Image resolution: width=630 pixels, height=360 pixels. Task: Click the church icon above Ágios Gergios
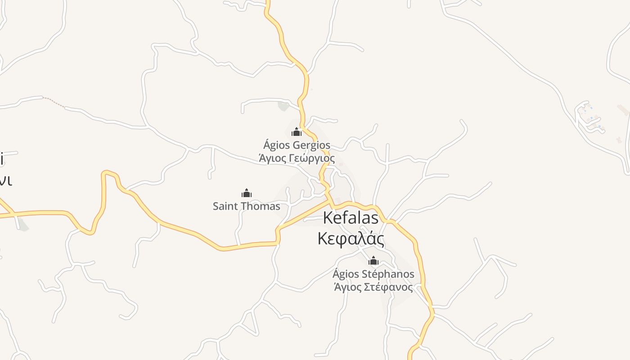point(297,132)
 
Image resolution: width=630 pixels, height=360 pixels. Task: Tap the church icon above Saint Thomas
point(247,193)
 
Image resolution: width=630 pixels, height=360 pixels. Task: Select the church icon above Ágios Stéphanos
point(373,261)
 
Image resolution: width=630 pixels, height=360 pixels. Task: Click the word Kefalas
point(351,218)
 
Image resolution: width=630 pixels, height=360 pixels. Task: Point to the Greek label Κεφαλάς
point(351,238)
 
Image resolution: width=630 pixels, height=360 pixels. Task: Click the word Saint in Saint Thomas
point(224,206)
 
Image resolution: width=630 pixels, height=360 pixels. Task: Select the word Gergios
point(311,145)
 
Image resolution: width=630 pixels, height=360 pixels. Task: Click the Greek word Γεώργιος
point(311,158)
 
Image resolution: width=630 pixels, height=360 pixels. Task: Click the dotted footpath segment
point(54,102)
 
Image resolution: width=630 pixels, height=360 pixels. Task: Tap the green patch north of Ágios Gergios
point(283,106)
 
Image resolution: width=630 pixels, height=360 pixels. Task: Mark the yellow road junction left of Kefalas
point(331,201)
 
